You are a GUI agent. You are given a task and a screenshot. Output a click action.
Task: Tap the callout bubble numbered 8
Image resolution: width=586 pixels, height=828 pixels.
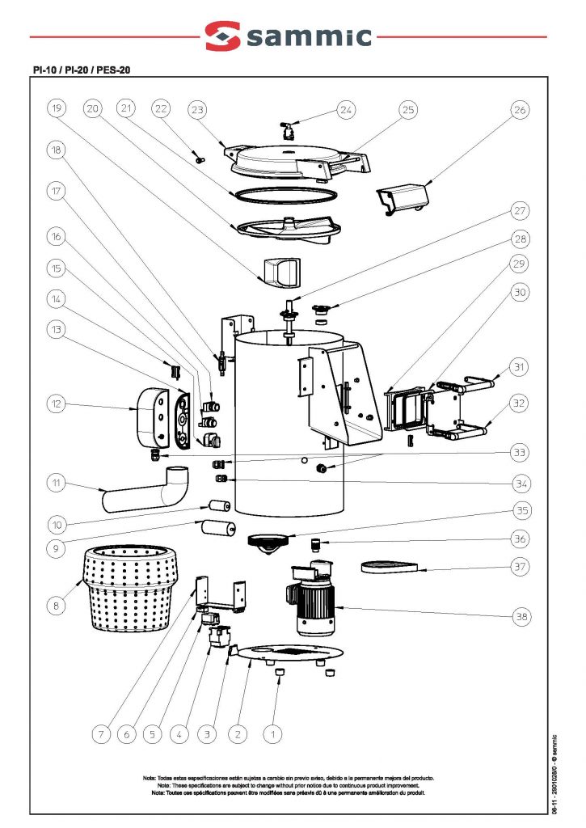click(56, 605)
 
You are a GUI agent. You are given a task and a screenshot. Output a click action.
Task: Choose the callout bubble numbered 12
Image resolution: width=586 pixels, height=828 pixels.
click(56, 403)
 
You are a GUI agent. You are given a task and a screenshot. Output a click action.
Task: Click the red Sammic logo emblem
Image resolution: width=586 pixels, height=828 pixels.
click(223, 36)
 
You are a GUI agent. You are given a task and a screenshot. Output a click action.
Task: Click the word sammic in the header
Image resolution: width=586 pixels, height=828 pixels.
click(311, 37)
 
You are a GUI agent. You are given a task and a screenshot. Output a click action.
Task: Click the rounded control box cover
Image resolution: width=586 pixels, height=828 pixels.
click(150, 414)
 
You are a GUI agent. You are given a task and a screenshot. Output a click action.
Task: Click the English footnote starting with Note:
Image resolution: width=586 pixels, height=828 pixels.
click(288, 785)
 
